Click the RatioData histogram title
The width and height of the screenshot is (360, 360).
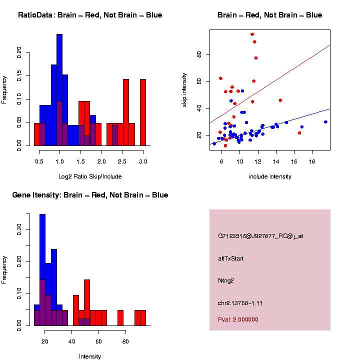point(90,15)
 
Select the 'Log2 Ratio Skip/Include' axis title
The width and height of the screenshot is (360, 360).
point(90,176)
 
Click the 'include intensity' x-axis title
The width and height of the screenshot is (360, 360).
point(270,176)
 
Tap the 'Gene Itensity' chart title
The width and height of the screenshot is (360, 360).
point(90,195)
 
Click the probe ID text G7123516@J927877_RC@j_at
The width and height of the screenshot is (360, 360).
point(260,236)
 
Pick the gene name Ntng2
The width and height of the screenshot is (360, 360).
point(226,280)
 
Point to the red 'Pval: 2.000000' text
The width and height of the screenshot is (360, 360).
point(238,319)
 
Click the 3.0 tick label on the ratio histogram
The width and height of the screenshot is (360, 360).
point(143,161)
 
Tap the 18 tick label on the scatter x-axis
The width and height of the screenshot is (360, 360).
point(312,161)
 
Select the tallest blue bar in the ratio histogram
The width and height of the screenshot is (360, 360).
point(59,90)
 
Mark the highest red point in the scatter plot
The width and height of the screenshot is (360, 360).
point(252,34)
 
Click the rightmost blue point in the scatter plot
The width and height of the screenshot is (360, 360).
point(325,121)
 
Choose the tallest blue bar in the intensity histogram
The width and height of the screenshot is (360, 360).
point(42,270)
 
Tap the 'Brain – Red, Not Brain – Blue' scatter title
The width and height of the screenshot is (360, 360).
point(270,15)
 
